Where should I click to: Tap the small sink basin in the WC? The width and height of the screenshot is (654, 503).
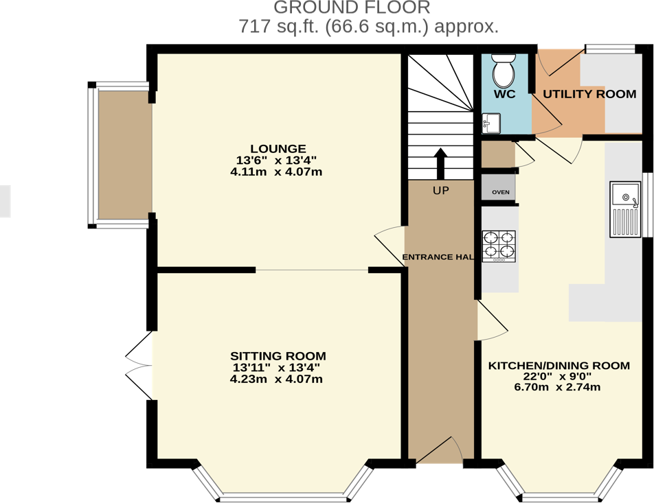click(x=491, y=124)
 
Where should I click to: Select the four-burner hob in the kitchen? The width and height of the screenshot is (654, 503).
click(x=499, y=246)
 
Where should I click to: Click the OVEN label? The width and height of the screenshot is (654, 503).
click(x=500, y=192)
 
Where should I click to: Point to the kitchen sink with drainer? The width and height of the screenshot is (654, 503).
click(x=624, y=209)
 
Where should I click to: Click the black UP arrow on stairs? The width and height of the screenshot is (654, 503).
click(x=440, y=163)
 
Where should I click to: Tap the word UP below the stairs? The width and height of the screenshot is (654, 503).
click(x=440, y=191)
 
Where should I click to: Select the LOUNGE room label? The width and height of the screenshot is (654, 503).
click(x=278, y=149)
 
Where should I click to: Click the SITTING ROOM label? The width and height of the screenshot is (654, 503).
click(x=278, y=356)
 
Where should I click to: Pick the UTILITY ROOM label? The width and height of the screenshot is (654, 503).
click(x=589, y=94)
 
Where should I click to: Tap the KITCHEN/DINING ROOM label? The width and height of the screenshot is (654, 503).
click(x=559, y=366)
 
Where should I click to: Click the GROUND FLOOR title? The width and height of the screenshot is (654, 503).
click(x=352, y=8)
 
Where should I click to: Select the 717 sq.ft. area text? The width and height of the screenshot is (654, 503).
click(x=368, y=27)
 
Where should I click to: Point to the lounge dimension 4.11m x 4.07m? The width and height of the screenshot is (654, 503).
click(x=278, y=172)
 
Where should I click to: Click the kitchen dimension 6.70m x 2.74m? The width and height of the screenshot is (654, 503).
click(x=557, y=387)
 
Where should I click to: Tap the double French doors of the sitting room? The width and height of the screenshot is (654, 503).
click(x=139, y=365)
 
